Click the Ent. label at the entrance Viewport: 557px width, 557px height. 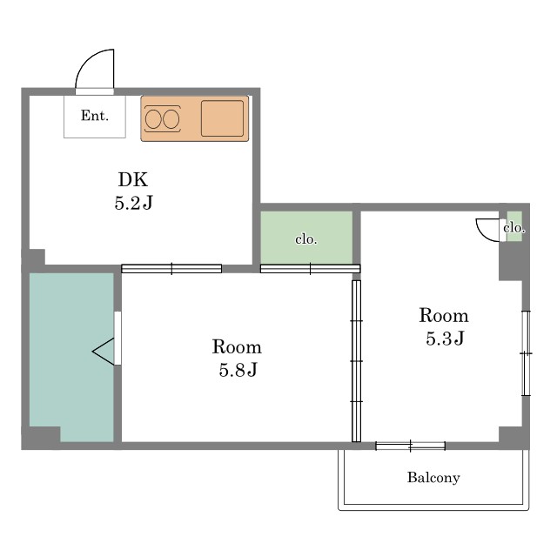point(95,116)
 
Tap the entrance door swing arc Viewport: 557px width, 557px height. point(86,60)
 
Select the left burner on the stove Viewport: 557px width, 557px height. point(154,119)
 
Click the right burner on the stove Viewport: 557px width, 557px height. point(171,119)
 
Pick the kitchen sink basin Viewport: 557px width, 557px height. point(223,118)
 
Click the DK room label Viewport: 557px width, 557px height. point(133,179)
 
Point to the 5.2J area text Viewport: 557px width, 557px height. point(133,203)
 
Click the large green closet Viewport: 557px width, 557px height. point(306,238)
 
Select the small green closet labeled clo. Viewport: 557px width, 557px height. point(514,226)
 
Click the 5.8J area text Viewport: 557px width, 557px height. point(238,370)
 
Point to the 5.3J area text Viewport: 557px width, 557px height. point(445,338)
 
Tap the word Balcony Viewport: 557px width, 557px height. point(433,478)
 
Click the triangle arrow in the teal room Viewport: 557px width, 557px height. point(104,352)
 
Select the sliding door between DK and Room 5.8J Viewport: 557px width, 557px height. point(171,269)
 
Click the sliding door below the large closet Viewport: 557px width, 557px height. point(310,269)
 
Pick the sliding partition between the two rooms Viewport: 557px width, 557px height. point(356,361)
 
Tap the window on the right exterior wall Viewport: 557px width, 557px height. point(526,353)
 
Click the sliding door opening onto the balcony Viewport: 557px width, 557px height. point(410,446)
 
